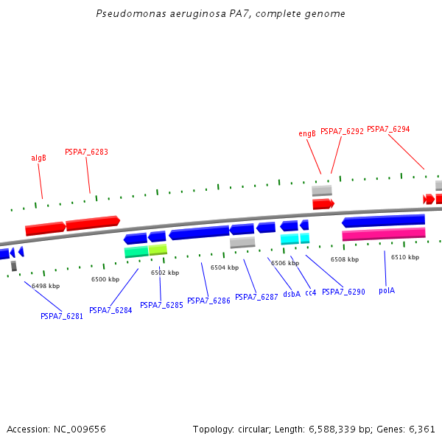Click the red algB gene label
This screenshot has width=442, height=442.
38,158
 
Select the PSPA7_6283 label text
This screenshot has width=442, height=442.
86,152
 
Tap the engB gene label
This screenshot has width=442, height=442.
307,133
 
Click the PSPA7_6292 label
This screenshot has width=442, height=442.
342,131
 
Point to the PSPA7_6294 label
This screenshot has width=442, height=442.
388,129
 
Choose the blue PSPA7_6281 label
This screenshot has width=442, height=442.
62,316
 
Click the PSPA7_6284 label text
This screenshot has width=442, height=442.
110,310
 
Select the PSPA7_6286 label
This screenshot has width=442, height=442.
208,301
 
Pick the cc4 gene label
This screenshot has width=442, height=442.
311,292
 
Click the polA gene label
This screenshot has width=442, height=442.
387,290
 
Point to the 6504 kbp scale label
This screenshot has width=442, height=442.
225,267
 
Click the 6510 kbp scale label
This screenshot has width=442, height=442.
404,257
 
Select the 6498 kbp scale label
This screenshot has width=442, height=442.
46,286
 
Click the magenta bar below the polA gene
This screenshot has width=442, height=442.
384,234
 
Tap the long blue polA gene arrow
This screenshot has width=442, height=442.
384,220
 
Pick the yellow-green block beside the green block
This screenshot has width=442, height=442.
158,250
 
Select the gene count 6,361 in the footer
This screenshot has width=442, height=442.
422,429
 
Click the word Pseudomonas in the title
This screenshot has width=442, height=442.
126,14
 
